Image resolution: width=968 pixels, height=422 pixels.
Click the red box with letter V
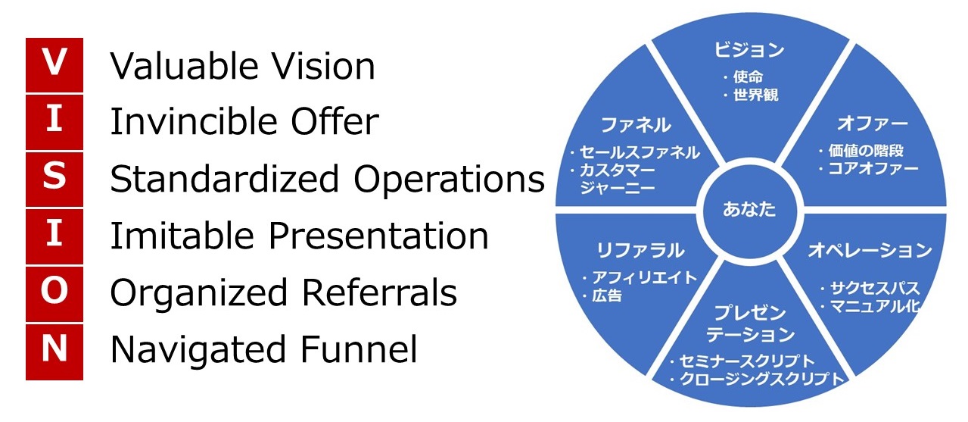pyautogui.click(x=54, y=65)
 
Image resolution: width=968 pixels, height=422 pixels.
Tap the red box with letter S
pyautogui.click(x=54, y=179)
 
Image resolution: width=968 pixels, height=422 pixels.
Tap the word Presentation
pyautogui.click(x=391, y=236)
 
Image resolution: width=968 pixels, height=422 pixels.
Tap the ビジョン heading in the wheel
pyautogui.click(x=749, y=51)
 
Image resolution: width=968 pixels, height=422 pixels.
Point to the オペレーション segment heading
pyautogui.click(x=870, y=250)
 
